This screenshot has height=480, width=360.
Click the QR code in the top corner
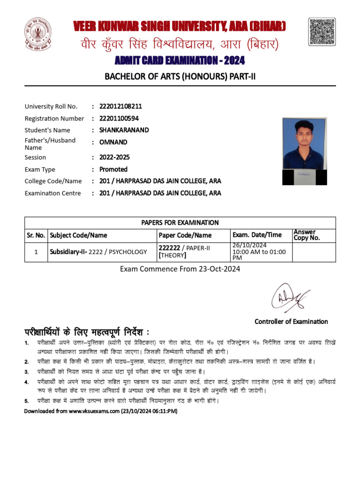322,32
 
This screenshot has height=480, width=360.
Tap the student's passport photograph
304,150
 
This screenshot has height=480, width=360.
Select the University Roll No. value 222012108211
120,106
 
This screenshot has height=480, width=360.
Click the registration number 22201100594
119,119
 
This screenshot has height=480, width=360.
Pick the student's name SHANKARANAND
124,130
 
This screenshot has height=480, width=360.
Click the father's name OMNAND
113,142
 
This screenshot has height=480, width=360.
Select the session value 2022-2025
114,157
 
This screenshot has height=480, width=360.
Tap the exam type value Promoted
113,169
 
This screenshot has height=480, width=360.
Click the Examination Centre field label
52,193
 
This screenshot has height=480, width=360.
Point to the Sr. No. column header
36,235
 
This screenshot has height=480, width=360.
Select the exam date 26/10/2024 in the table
249,245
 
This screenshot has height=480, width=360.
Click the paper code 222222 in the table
170,248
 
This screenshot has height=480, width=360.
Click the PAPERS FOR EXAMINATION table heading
180,223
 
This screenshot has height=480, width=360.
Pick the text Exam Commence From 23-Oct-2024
180,269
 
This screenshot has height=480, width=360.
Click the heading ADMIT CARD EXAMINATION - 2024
180,61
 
